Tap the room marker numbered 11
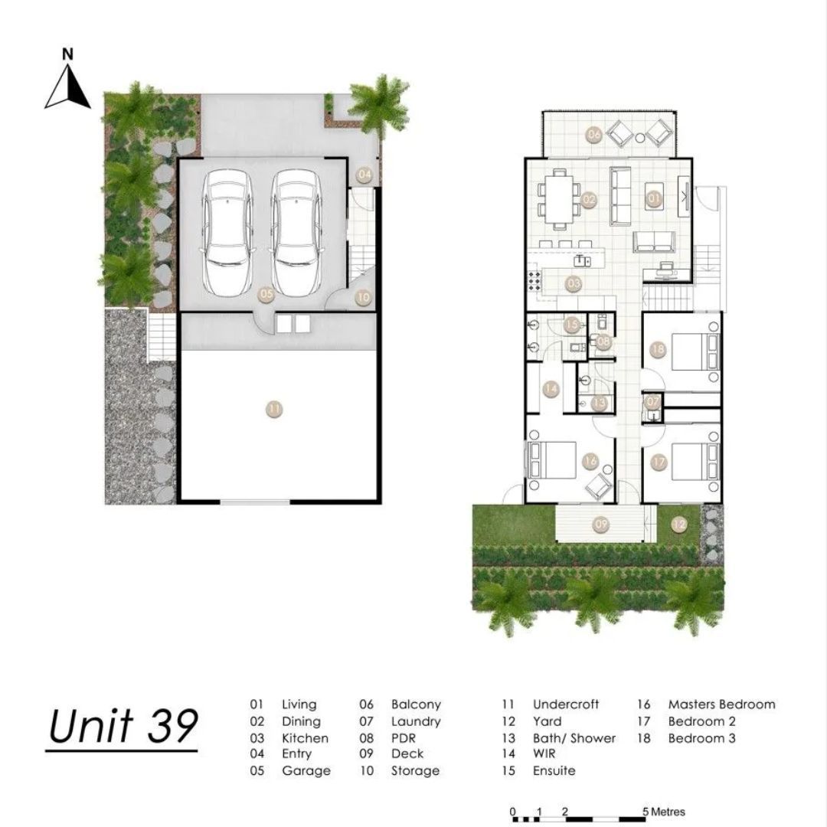274,409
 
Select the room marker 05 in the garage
267,295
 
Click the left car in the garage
227,233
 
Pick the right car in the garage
296,233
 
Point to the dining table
559,199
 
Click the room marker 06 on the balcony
594,134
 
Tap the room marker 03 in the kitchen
574,284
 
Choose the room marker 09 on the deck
601,525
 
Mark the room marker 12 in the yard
679,525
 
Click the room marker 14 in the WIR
551,389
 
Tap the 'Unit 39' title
123,726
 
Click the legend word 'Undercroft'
565,704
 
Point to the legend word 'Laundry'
416,721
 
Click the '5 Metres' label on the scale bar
663,812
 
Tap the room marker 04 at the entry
364,175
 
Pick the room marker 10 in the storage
364,297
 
